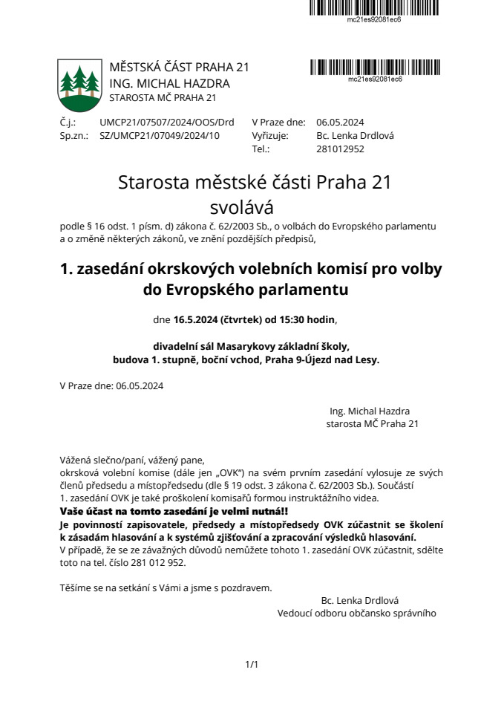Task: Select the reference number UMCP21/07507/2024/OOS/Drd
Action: [166, 123]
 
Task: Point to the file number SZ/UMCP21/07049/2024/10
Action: [160, 136]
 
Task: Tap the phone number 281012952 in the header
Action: [340, 149]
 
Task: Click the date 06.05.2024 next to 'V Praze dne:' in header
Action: [340, 123]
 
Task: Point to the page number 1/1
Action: [252, 664]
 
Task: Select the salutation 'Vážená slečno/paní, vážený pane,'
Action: [132, 459]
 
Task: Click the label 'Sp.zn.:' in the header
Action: [73, 136]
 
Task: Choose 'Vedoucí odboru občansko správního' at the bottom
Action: [357, 613]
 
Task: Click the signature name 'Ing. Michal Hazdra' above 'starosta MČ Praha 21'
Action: [370, 411]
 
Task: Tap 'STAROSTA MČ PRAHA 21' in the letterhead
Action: [163, 98]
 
